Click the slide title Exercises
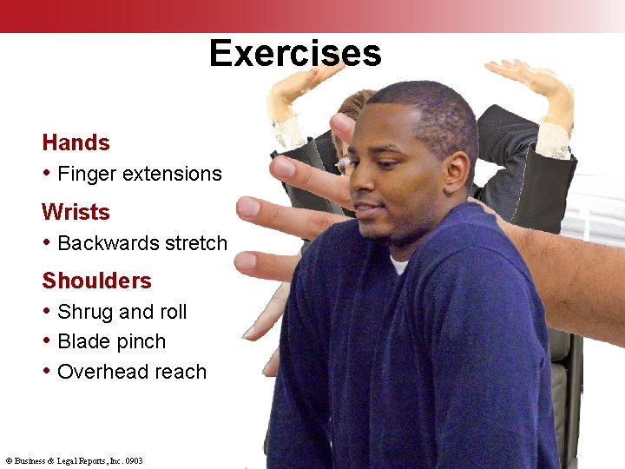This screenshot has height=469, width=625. coord(295,53)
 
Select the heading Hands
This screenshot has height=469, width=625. coord(76,142)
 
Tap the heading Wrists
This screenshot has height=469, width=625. coord(76,212)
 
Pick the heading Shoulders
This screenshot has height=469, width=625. coord(96,281)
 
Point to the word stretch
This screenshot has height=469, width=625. coord(194,243)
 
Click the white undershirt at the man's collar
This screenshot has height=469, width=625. coord(398,263)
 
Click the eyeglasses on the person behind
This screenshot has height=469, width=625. coord(344,163)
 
